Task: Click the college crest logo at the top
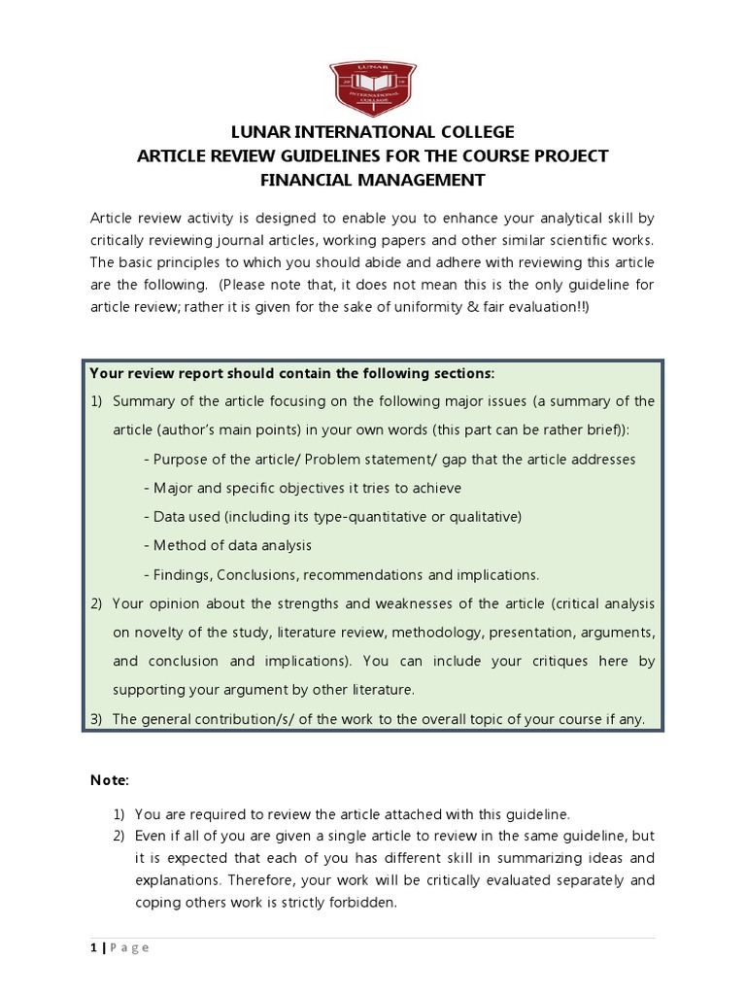[372, 85]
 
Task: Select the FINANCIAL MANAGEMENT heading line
[372, 180]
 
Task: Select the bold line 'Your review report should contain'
[291, 373]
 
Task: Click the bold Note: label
[109, 780]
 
